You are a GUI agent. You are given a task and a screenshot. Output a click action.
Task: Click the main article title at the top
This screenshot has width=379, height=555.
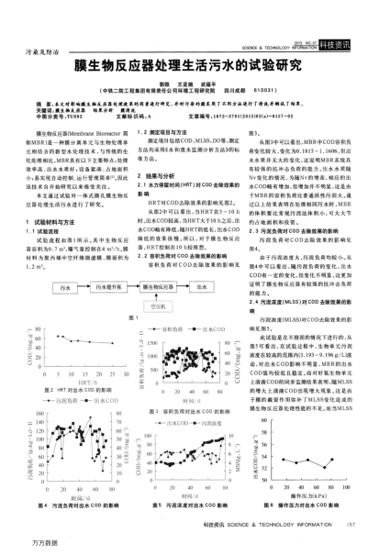click(x=189, y=67)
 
